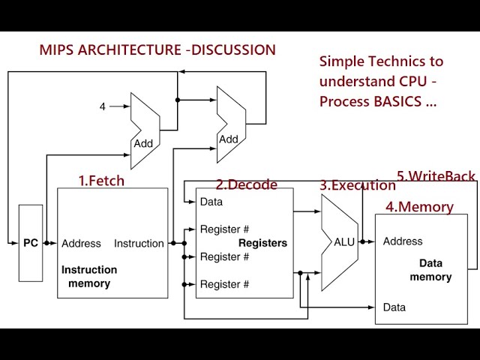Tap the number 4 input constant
103,106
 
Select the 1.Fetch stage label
102,181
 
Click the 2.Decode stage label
247,184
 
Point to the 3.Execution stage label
358,185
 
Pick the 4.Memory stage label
419,207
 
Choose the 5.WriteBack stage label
436,176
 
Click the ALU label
344,241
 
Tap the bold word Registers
262,243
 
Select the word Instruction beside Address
139,243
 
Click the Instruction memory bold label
89,277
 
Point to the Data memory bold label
430,270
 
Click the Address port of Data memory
403,241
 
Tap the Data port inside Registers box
211,202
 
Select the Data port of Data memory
394,307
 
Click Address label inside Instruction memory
81,243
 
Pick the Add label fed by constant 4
143,143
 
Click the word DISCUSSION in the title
233,50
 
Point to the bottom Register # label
224,284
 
